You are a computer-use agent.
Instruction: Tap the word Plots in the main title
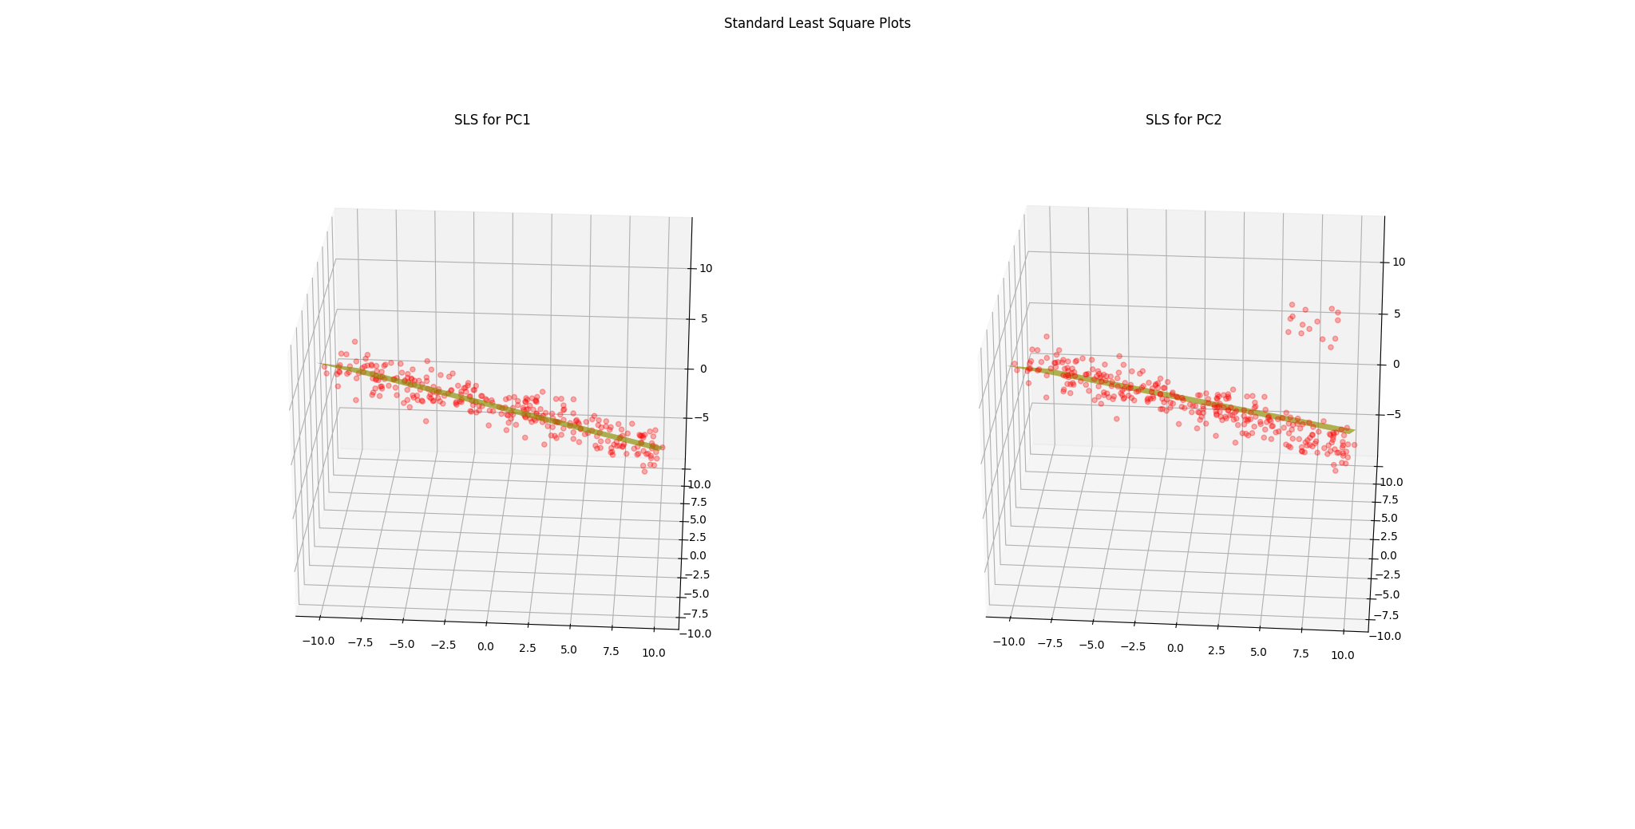[893, 23]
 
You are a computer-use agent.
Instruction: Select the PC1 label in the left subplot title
[515, 120]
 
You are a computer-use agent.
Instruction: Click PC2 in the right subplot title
[1206, 120]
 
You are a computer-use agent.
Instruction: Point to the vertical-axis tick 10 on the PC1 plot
[706, 268]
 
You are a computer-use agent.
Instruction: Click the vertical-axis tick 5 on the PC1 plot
[703, 318]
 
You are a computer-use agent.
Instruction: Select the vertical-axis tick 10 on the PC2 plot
[1399, 262]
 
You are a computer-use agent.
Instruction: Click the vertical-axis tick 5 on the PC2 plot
[1397, 314]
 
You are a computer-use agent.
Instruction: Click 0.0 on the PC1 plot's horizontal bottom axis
[485, 645]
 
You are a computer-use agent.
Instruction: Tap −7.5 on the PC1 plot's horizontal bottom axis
[361, 642]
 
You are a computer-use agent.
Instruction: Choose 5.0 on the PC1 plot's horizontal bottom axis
[568, 649]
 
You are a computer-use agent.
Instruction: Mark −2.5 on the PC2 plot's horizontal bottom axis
[1133, 646]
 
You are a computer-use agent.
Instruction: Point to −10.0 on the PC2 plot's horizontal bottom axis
[1008, 641]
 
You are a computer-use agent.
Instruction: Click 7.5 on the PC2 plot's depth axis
[1389, 499]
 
